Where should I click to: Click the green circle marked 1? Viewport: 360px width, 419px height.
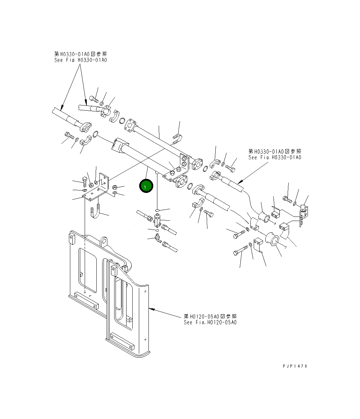coord(145,186)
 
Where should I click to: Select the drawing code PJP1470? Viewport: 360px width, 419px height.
coord(295,366)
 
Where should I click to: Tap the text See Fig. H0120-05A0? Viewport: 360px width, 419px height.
coord(210,322)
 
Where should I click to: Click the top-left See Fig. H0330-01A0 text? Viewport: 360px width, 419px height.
coord(81,60)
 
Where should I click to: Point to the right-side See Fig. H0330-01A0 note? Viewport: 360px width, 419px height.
coord(275,157)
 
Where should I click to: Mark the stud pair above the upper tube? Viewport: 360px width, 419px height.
coord(178,139)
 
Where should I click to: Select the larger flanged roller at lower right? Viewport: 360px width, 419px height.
coord(272,239)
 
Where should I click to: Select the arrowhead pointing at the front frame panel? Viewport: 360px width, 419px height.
coord(151,309)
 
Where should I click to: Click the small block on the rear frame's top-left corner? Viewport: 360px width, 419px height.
coord(71,238)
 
